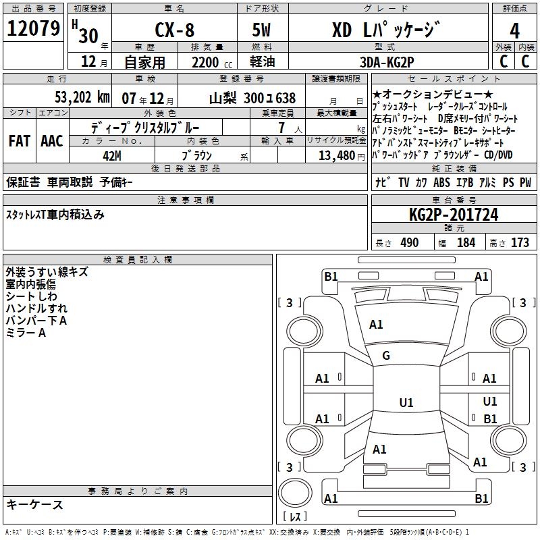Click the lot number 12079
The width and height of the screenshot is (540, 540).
click(x=33, y=29)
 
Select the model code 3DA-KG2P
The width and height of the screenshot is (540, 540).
click(x=387, y=62)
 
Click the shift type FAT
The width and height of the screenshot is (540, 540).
click(x=19, y=140)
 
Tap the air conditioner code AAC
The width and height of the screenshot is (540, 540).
click(x=51, y=140)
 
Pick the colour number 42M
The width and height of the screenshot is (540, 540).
click(x=111, y=155)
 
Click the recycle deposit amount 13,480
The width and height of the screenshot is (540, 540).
click(x=336, y=155)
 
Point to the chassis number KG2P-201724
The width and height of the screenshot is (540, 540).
click(x=454, y=215)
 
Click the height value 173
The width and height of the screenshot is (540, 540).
click(x=520, y=242)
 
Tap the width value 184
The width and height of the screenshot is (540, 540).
click(x=466, y=242)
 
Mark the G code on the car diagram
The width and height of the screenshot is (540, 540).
click(x=386, y=356)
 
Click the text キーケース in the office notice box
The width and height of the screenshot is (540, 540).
click(x=35, y=505)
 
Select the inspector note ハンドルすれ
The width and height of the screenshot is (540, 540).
click(x=36, y=308)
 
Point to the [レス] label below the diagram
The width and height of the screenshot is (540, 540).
click(x=295, y=516)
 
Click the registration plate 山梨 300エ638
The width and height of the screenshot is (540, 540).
click(x=252, y=97)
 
